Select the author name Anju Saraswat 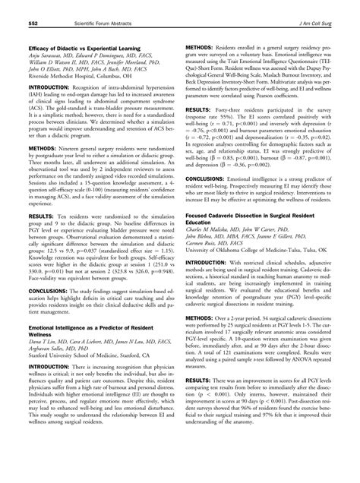[39, 36]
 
